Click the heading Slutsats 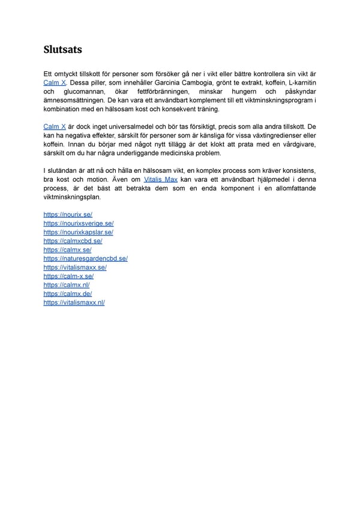pos(63,49)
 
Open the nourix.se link pos(68,214)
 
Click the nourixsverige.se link pos(79,223)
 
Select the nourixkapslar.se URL pos(78,232)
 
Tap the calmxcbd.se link pos(73,241)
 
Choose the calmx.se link pos(67,250)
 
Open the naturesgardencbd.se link pos(85,259)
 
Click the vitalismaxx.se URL pos(75,267)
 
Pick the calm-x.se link pos(68,276)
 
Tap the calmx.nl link pos(67,285)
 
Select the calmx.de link pos(67,294)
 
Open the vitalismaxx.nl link pos(74,303)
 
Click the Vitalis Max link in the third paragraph pos(161,179)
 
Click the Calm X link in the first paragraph pos(55,82)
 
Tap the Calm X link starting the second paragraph pos(55,127)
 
